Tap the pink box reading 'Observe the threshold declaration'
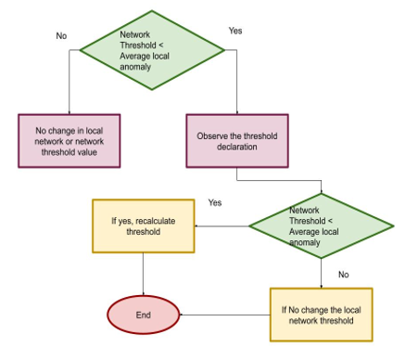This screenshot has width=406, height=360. (236, 142)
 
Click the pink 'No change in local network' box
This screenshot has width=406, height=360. (70, 142)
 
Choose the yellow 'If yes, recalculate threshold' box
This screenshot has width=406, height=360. (143, 226)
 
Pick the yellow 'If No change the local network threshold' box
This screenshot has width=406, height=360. (321, 314)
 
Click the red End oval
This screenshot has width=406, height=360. (143, 315)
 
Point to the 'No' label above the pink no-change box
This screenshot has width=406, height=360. (61, 37)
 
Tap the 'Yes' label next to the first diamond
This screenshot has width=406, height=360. (235, 31)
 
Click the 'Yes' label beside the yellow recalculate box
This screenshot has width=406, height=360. (215, 202)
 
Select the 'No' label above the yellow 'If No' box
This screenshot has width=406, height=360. (343, 275)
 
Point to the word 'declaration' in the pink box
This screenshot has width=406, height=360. (237, 148)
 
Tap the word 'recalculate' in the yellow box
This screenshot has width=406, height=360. (156, 221)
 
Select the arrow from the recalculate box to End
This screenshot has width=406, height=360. (143, 274)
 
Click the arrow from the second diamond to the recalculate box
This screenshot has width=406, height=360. (222, 225)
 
